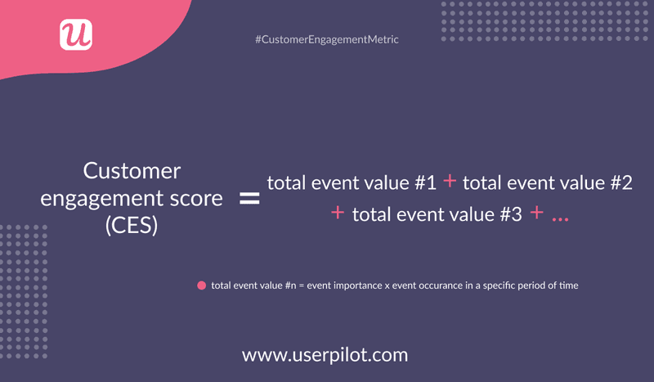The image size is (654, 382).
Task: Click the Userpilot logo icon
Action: [x=76, y=34]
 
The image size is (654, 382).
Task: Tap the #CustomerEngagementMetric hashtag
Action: [x=327, y=39]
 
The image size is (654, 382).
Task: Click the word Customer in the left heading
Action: [x=132, y=171]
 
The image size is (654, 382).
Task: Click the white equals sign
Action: [x=249, y=199]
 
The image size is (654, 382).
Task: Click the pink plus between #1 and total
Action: [x=450, y=182]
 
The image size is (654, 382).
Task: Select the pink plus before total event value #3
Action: [x=338, y=213]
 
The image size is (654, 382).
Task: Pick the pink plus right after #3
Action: [x=536, y=213]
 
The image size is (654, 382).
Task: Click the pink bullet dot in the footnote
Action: [x=200, y=285]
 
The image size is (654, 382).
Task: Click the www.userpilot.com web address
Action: [x=325, y=355]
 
